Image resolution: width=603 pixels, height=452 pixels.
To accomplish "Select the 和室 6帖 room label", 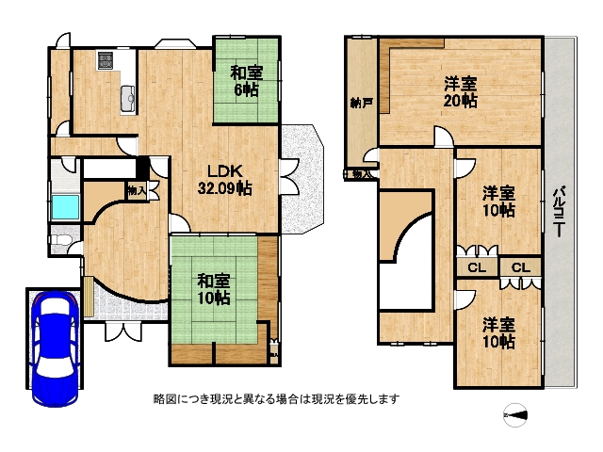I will tap(246, 81).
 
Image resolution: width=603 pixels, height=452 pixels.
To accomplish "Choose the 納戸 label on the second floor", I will tap(360, 102).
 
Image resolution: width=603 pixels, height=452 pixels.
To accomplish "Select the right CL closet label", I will tap(520, 268).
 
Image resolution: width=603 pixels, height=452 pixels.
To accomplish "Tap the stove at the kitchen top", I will tap(106, 58).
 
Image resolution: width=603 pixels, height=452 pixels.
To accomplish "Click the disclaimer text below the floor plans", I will tap(276, 398).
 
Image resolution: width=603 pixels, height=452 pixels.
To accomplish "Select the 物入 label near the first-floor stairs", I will tap(136, 190).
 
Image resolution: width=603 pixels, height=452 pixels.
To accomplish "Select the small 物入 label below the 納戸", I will tap(360, 174).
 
